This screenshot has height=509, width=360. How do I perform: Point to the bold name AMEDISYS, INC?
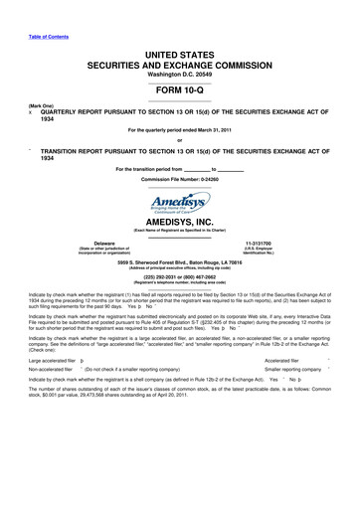(x=180, y=225)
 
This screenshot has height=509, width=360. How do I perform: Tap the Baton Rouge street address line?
(x=180, y=261)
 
